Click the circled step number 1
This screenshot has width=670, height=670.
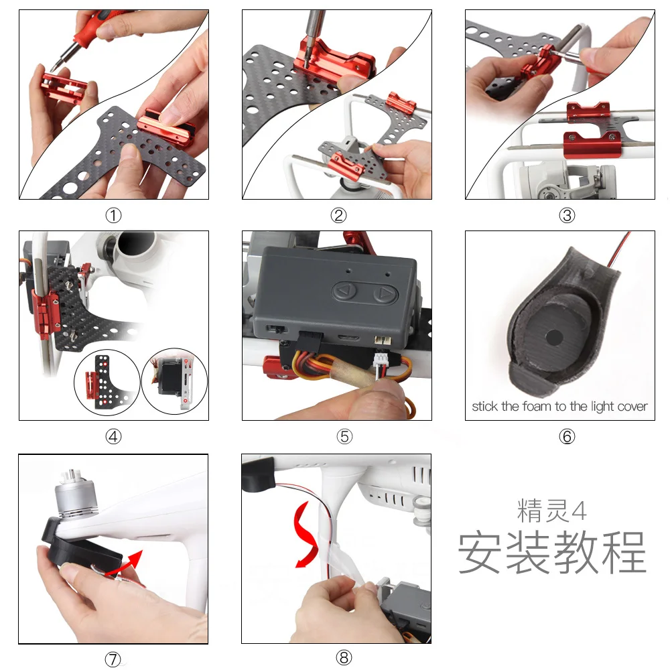(113, 215)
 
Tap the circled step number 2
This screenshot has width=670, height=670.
(338, 215)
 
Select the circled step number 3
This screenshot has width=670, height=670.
(567, 215)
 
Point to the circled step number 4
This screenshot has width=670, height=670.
(113, 437)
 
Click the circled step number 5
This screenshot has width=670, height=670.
(344, 437)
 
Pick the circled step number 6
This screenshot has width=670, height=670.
(567, 437)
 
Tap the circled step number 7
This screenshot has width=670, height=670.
(113, 659)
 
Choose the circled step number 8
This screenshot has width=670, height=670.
(344, 658)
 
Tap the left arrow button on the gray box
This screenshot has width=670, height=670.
(346, 292)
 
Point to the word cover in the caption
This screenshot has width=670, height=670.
(634, 407)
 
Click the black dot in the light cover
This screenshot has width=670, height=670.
(554, 337)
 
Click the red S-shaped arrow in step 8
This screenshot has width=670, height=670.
(305, 534)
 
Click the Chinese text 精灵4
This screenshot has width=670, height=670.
(551, 511)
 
